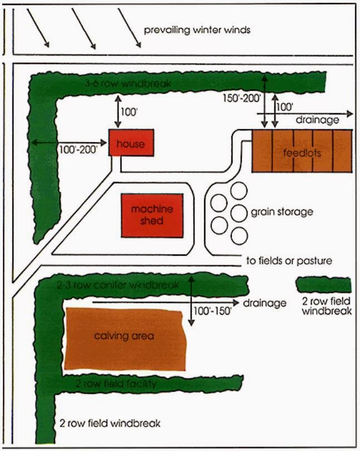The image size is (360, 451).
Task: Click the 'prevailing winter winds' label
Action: point(197,29)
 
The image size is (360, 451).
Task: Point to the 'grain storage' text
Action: point(282,212)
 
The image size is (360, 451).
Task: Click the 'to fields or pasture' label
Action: point(289,261)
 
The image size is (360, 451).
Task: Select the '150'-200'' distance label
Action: point(239,99)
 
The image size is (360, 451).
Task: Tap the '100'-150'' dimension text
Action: point(211,311)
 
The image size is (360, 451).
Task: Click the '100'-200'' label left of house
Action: point(77,149)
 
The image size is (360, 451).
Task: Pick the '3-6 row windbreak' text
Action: point(127,84)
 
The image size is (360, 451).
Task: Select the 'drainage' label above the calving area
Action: point(265,303)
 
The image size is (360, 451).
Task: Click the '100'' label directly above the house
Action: point(129,111)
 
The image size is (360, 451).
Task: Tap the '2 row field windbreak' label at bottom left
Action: point(110,423)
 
